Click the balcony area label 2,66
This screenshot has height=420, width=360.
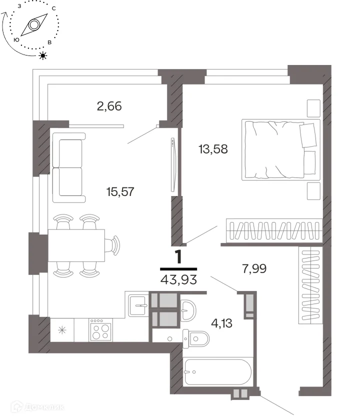pos(109,106)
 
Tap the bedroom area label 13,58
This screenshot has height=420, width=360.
pos(213,149)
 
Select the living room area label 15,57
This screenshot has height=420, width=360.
pos(120,192)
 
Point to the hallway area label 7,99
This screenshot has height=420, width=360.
pos(254,268)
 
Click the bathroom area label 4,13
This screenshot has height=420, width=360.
pos(222,323)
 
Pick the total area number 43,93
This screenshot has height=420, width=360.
pos(178,279)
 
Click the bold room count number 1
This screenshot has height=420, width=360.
pos(178,257)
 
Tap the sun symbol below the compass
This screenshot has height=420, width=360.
pos(43,55)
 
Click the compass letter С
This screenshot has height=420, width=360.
pos(54,8)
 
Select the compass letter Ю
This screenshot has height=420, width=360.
pos(16,40)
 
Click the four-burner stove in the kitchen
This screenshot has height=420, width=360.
pos(100,329)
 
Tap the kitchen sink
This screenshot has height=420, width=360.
pos(138,305)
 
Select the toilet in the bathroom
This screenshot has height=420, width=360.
pos(196,339)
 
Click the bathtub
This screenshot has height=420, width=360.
pos(218,372)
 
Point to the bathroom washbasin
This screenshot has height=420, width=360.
pos(188,310)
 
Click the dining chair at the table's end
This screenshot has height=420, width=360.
pos(113,245)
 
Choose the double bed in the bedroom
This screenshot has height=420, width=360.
pos(281,149)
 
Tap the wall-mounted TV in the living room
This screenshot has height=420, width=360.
pos(173,164)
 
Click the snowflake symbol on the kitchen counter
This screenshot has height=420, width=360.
pos(62,330)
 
